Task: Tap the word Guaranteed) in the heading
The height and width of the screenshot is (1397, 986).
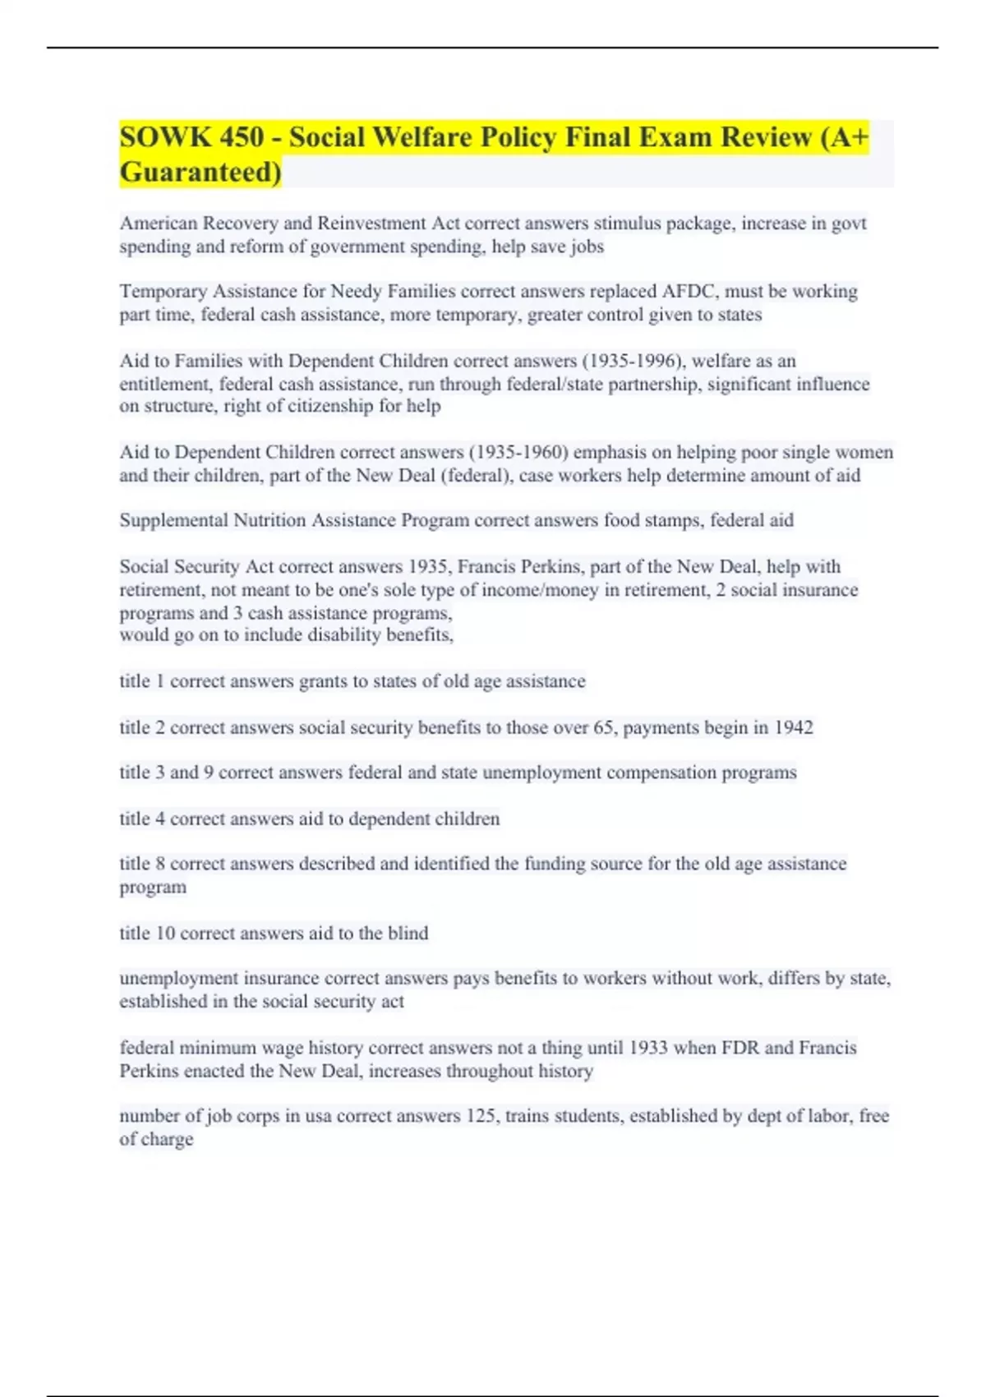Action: (200, 173)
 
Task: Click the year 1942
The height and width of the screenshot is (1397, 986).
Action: (793, 727)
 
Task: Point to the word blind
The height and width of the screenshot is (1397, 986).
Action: (408, 934)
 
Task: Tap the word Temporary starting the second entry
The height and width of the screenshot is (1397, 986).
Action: (163, 292)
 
